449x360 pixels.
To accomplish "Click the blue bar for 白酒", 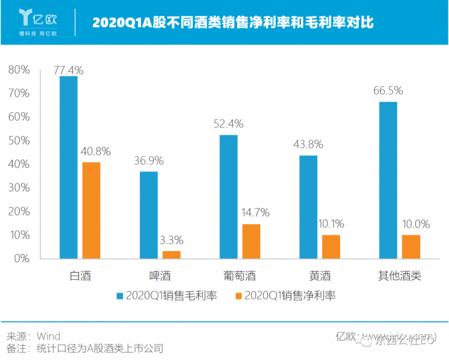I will click(68, 167).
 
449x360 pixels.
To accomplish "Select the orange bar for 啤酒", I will click(172, 254).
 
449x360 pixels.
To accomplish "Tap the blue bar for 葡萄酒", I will click(228, 197).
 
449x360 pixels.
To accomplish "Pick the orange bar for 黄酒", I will click(331, 247).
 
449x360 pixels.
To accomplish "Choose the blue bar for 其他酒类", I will click(388, 180).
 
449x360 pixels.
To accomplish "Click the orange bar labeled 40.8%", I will click(91, 211).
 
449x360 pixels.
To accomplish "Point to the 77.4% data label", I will click(68, 70).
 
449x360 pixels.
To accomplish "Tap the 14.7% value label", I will click(251, 213).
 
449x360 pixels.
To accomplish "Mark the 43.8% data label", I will click(308, 144).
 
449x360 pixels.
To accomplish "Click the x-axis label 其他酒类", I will click(399, 276).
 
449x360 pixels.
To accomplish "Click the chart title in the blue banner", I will click(232, 23).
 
